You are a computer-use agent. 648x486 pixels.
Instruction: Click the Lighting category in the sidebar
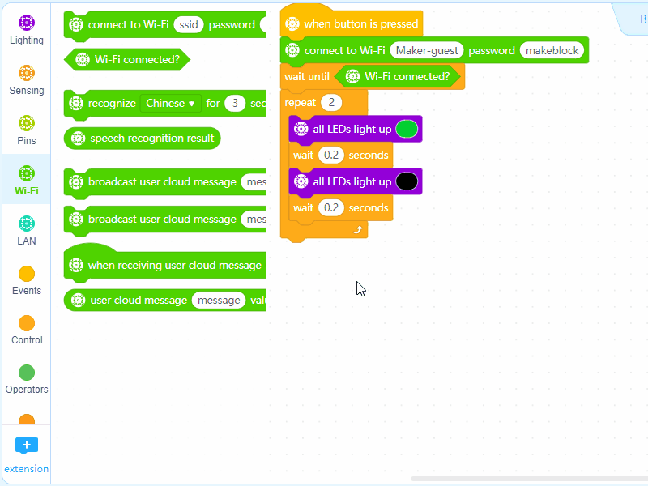(27, 29)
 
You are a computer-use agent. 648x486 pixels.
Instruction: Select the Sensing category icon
(27, 79)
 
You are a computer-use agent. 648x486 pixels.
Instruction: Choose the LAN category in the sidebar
(27, 229)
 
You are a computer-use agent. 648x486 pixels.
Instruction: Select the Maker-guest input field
(427, 50)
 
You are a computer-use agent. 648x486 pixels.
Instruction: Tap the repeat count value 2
(331, 103)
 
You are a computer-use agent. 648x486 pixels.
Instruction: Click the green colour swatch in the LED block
(407, 129)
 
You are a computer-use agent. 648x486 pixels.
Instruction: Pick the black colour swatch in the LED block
(407, 181)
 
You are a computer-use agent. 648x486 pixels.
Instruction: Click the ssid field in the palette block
(188, 25)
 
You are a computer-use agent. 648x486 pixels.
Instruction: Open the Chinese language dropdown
(171, 103)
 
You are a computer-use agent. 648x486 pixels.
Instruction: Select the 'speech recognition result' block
(151, 139)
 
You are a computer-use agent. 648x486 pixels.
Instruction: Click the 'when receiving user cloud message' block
(174, 265)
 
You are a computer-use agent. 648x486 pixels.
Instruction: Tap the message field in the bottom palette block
(219, 301)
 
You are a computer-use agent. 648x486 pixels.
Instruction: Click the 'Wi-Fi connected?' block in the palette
(136, 59)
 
